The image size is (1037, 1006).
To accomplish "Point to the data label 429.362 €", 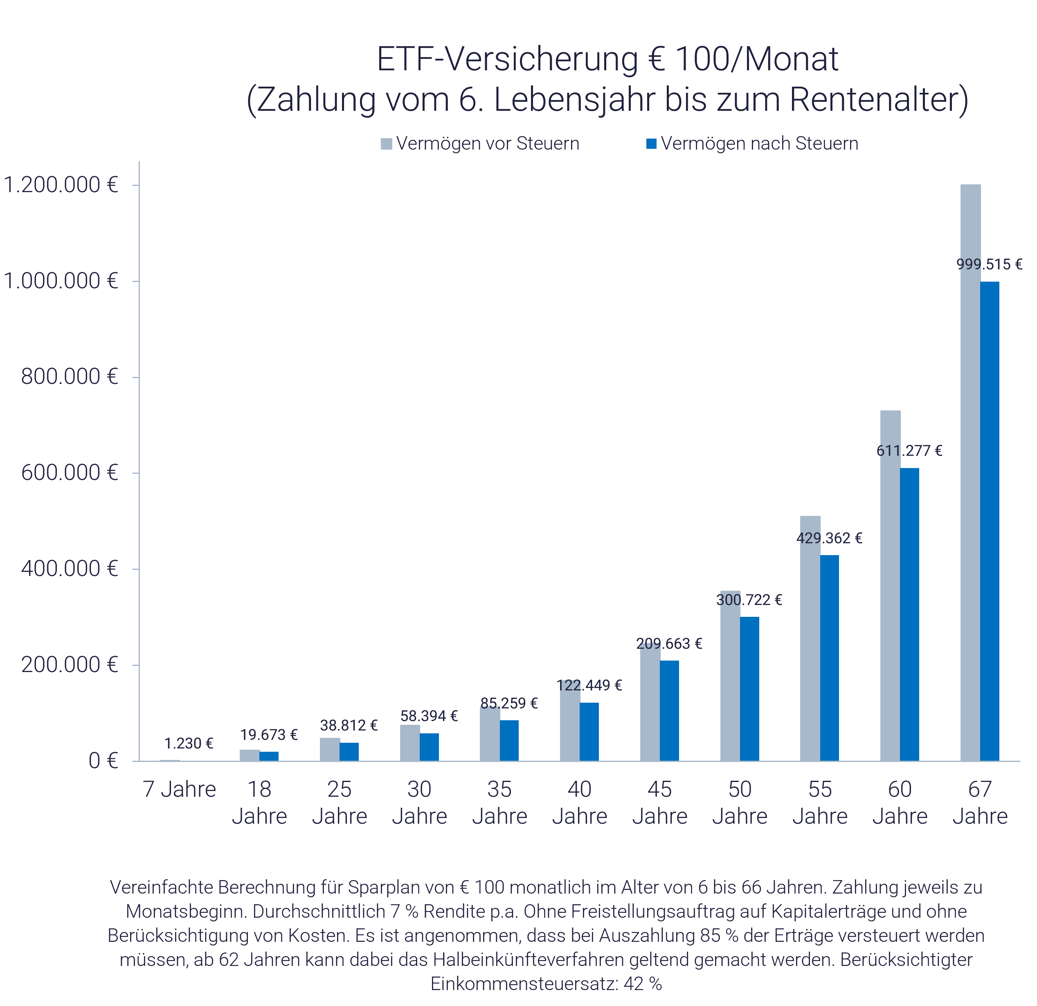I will point(829,538).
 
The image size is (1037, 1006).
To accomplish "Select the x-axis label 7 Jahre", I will point(179,789).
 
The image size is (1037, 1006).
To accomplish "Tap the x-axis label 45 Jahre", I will point(660,802).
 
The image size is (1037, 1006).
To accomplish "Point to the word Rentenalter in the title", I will point(873,99).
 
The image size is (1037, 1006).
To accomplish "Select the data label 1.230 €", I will point(188,744).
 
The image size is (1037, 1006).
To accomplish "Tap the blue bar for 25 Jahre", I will point(349,752).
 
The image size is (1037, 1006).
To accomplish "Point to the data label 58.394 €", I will point(429,716).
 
